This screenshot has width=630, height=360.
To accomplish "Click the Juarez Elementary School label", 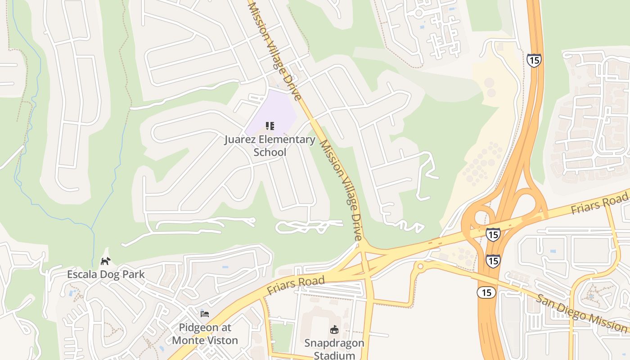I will (270, 145).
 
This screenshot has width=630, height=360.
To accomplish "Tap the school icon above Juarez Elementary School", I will (270, 126).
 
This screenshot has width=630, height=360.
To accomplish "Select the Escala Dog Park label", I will (106, 274).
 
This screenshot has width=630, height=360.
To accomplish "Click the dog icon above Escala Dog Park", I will (105, 261).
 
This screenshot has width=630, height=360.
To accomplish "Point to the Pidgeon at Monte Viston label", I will (205, 333).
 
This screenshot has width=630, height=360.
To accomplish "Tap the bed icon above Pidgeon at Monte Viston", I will (205, 314).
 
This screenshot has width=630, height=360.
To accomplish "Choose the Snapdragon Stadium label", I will (334, 349).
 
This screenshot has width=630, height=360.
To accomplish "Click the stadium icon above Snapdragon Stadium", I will (334, 330).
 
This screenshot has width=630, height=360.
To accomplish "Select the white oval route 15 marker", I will (486, 292).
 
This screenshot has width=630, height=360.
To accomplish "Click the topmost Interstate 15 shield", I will (534, 60).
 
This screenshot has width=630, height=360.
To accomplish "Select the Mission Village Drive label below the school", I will (341, 190).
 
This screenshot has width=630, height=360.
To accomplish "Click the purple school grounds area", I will (274, 108).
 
